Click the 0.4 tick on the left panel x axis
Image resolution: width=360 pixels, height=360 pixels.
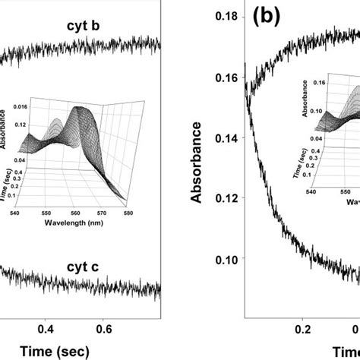(46, 329)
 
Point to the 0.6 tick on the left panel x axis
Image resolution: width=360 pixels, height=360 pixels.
(105, 329)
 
